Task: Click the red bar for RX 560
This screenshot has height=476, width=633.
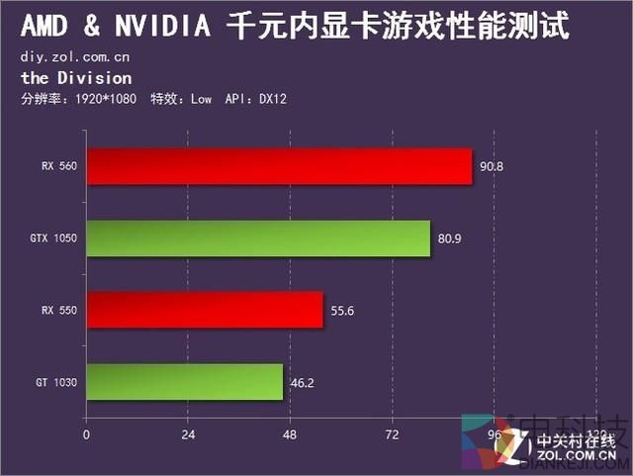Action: (279, 166)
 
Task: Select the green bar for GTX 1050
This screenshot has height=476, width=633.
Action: (258, 238)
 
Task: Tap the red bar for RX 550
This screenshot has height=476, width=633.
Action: (205, 310)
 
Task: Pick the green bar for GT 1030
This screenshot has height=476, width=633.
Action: (184, 381)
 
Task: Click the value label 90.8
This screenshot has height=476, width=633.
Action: (492, 166)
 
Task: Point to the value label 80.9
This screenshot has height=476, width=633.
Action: (450, 238)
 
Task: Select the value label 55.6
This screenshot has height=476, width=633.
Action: (342, 311)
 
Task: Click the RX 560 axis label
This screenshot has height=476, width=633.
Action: (59, 166)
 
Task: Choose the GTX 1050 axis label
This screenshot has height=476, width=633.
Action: (54, 238)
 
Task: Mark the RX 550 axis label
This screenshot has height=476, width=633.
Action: (59, 311)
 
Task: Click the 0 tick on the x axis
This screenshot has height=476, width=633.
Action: (86, 434)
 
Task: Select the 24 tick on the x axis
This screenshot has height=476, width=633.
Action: (188, 434)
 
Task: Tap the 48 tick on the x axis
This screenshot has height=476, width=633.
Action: (290, 434)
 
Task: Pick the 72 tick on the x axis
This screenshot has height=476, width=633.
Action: (392, 434)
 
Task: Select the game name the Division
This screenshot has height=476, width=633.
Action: (75, 78)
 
